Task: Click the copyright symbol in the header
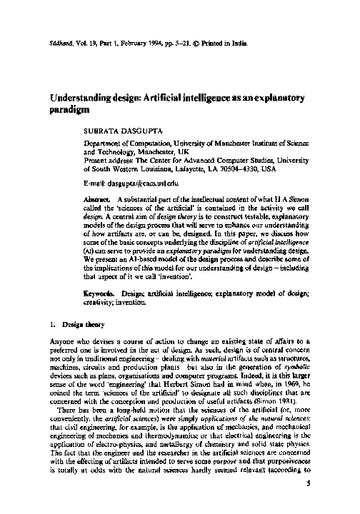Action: tap(203, 43)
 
